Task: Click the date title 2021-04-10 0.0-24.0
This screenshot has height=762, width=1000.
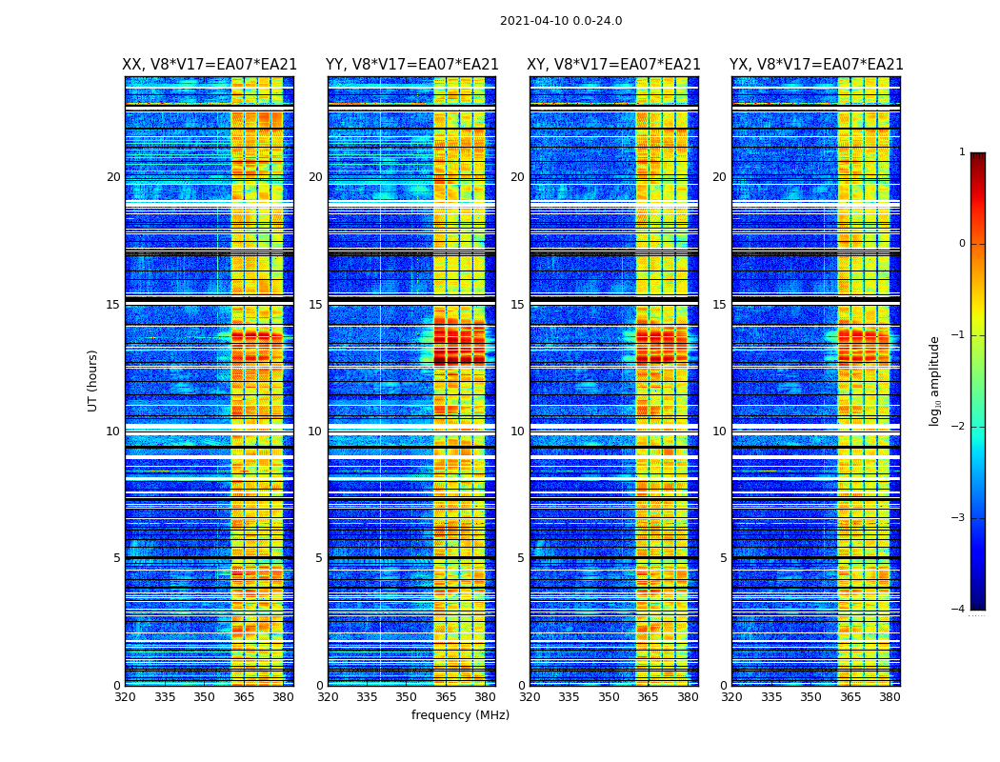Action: point(561,21)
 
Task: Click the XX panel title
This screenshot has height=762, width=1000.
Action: point(210,65)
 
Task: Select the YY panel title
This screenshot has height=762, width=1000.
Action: point(411,65)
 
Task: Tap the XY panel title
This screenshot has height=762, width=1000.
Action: point(614,65)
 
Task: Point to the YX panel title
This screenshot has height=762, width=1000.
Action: point(816,65)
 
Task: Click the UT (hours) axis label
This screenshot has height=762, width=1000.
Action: point(93,380)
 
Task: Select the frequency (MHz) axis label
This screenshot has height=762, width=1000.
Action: point(460,715)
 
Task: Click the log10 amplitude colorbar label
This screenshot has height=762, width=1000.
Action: point(935,380)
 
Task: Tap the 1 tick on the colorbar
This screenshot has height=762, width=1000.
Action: point(962,152)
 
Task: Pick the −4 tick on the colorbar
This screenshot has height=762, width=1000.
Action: point(959,610)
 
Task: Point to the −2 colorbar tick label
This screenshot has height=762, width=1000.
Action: point(959,427)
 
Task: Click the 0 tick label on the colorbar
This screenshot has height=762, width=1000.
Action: point(962,244)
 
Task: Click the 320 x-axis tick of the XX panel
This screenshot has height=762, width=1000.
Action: point(125,697)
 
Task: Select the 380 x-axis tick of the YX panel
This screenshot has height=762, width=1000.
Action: point(890,697)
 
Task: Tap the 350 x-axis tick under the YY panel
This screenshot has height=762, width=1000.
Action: point(406,697)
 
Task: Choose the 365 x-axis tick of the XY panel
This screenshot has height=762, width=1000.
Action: point(648,697)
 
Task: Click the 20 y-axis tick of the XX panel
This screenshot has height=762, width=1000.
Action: point(113,177)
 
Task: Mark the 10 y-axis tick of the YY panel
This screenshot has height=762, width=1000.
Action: point(315,431)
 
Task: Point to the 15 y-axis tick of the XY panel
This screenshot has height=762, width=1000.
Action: point(517,305)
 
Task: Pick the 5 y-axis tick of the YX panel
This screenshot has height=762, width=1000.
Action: point(723,558)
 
